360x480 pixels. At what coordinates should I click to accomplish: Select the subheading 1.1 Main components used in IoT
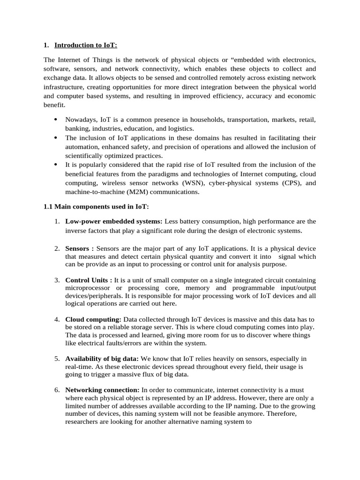click(x=96, y=207)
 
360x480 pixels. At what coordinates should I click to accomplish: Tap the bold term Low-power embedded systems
click(x=113, y=221)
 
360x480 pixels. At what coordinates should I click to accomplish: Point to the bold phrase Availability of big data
click(x=102, y=359)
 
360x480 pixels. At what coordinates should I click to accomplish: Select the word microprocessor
click(x=88, y=288)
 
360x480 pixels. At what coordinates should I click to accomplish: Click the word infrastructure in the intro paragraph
click(x=65, y=87)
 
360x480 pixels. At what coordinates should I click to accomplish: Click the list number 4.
click(x=56, y=319)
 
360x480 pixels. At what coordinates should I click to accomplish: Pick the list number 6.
click(x=56, y=390)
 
